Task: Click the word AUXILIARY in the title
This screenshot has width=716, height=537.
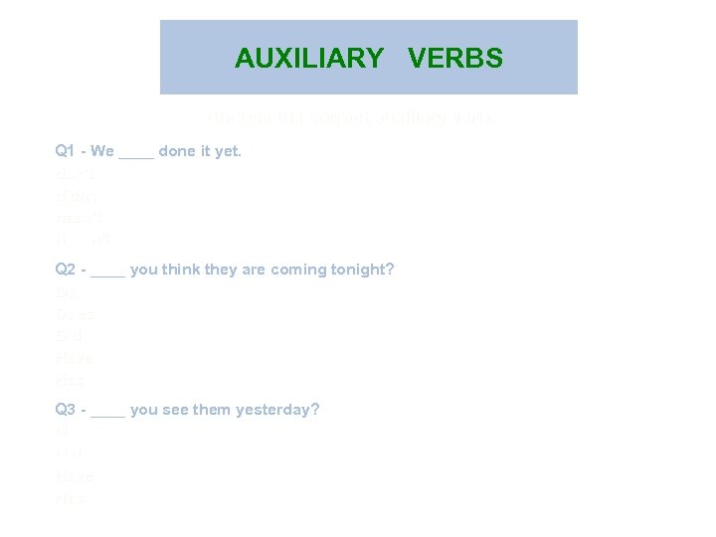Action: coord(308,59)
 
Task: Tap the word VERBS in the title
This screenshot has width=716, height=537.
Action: coord(455,59)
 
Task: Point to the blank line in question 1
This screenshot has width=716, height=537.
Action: coord(136,155)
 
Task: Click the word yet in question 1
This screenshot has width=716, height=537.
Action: coord(228,151)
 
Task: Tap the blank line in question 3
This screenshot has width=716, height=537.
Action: coord(108,413)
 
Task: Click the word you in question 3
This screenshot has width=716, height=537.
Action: coord(143,409)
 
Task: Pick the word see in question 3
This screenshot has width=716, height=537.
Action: coord(176,409)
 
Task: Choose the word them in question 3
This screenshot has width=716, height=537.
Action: coord(213,409)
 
